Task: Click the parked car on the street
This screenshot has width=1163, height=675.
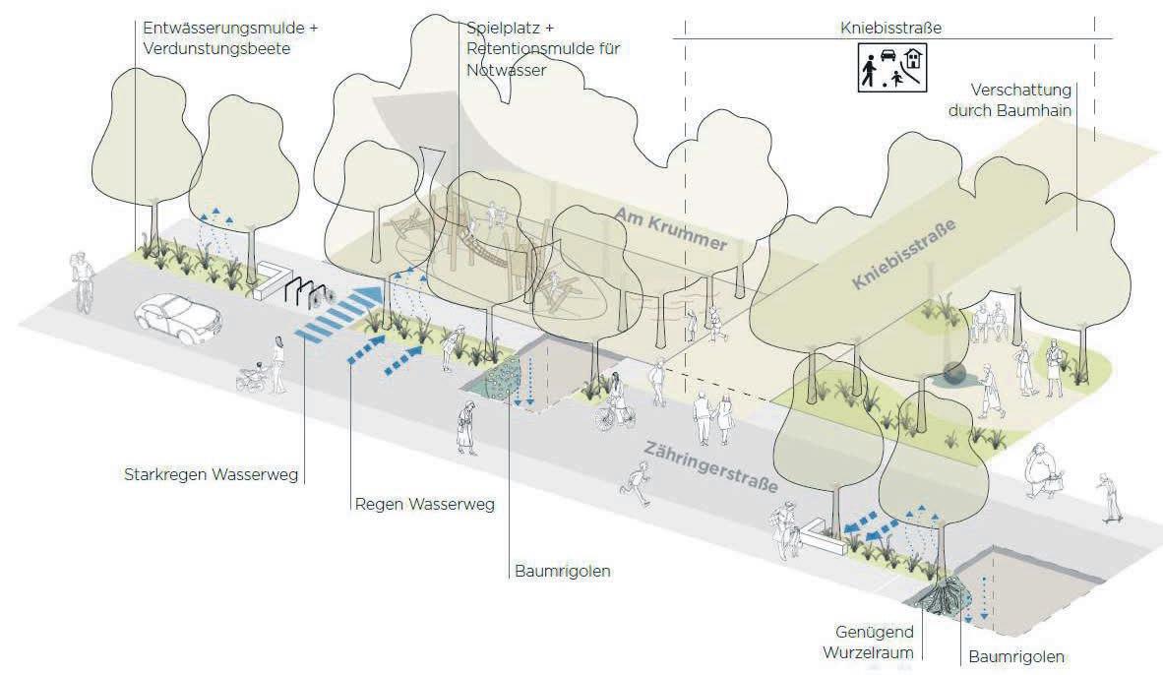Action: point(179,317)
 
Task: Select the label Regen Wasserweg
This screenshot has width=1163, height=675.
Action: point(424,505)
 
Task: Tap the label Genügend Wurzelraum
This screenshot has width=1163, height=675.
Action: point(876,640)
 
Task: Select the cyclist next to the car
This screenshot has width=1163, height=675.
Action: point(81,280)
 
